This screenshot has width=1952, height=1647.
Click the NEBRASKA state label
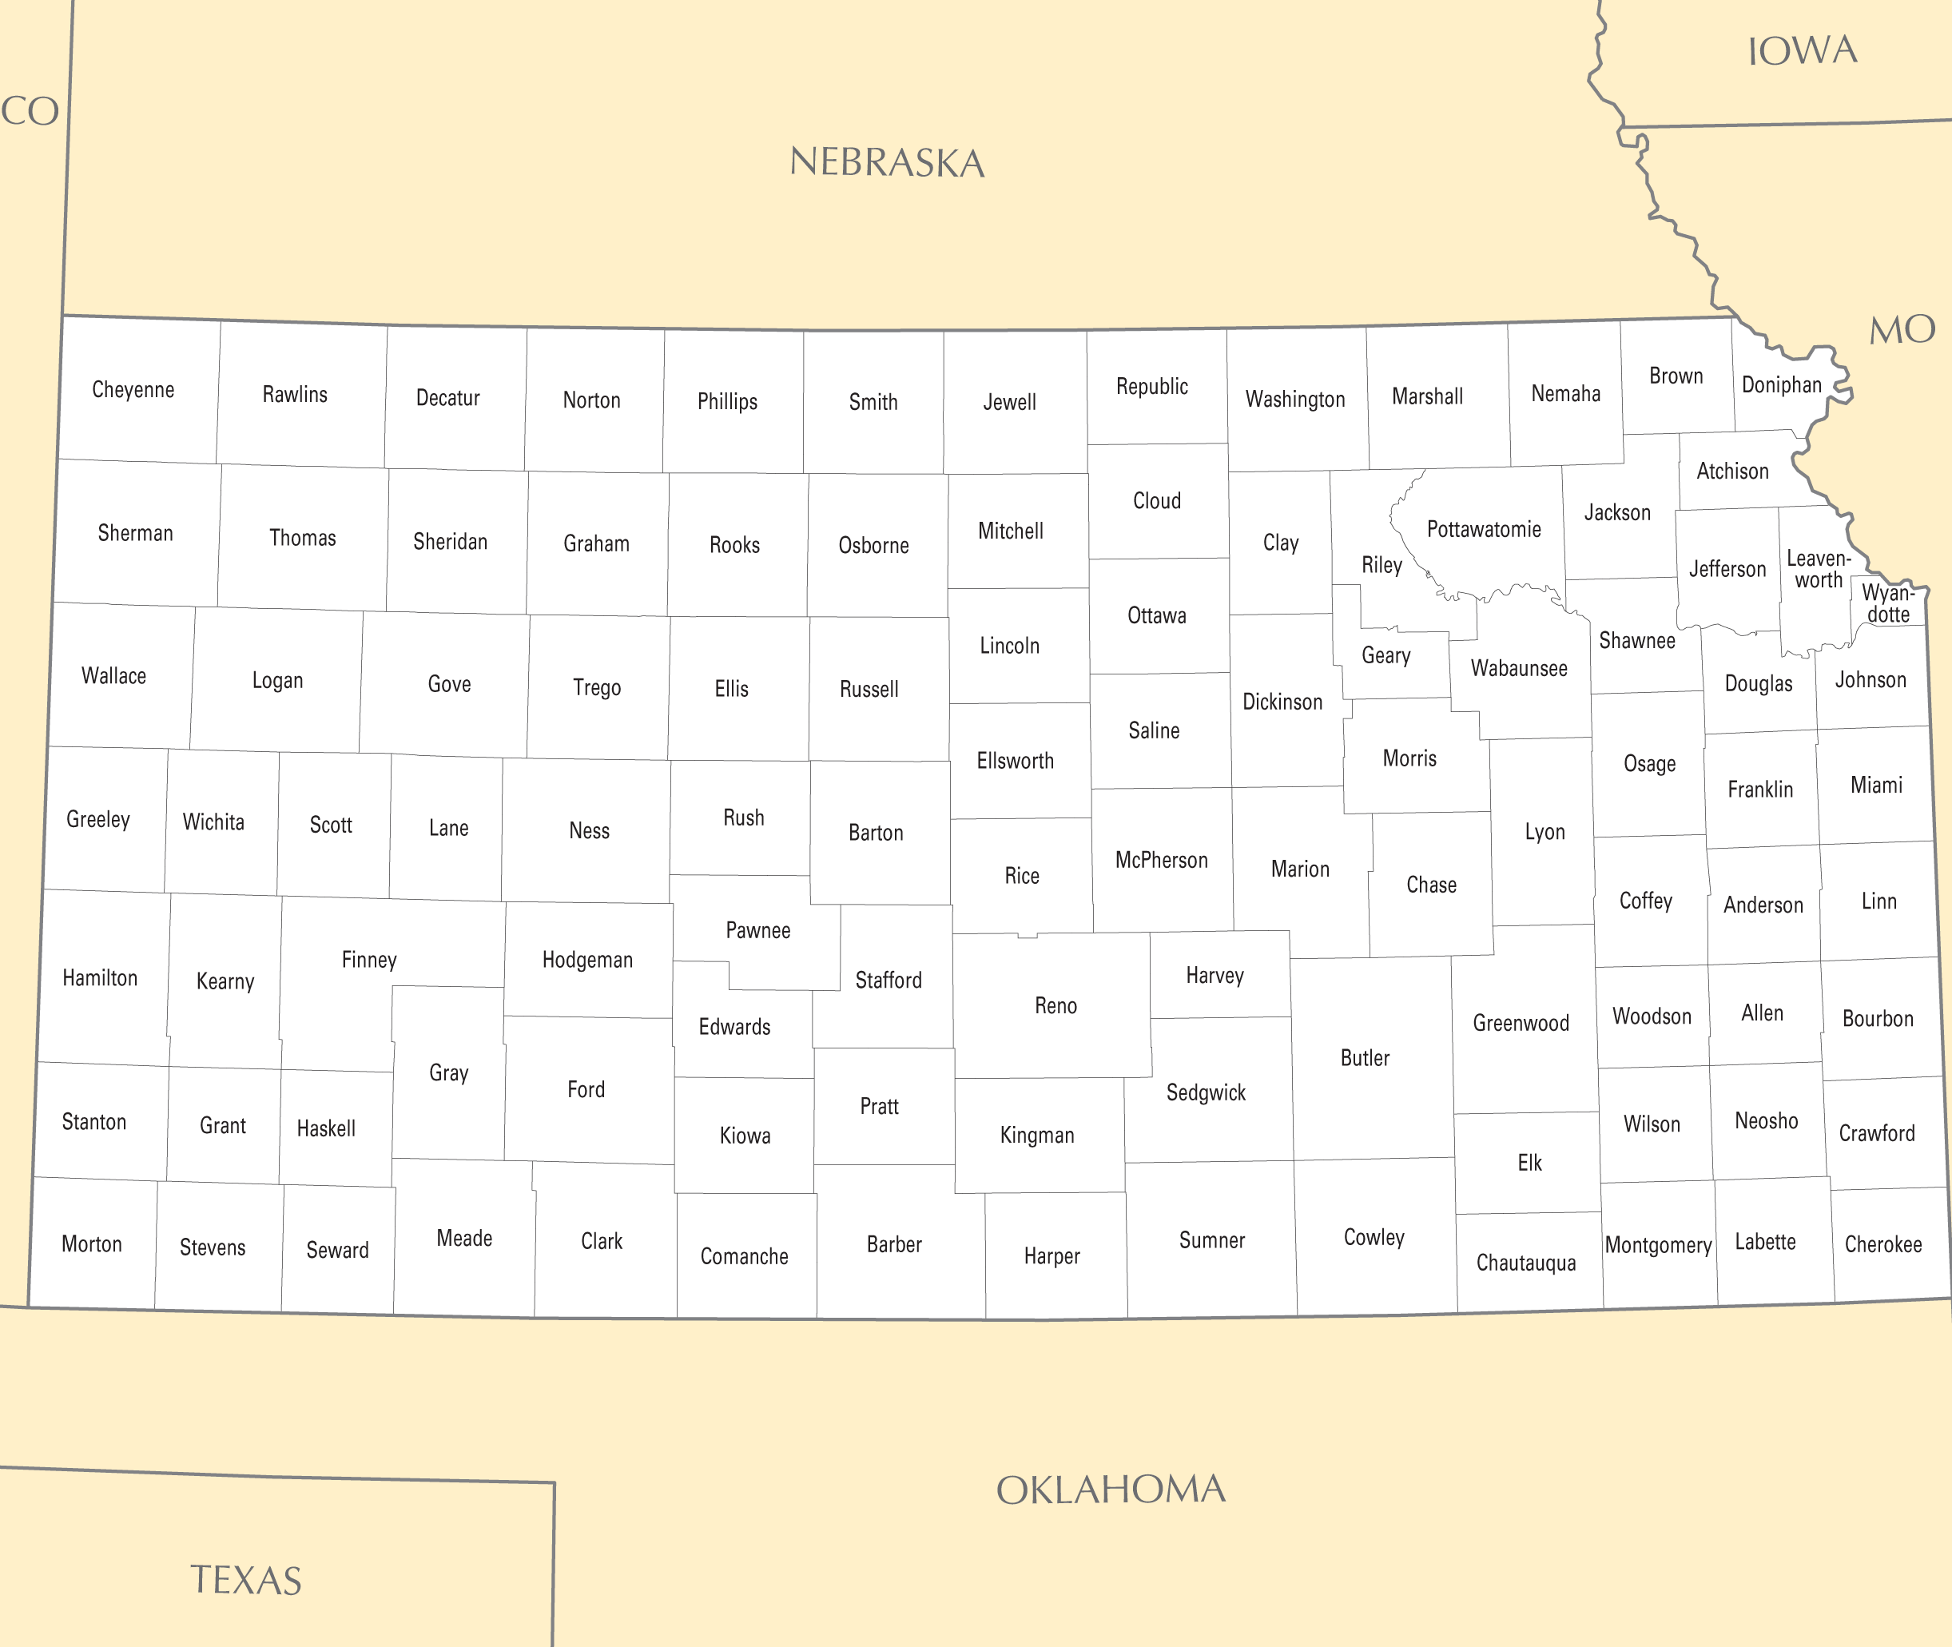[887, 163]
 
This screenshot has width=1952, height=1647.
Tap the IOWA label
[1802, 51]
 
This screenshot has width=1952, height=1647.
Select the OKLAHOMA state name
[1111, 1490]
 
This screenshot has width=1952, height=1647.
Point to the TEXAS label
[246, 1581]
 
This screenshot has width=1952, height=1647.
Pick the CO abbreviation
[30, 112]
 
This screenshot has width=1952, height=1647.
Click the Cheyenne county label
[133, 390]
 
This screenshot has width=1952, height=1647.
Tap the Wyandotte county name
[1887, 603]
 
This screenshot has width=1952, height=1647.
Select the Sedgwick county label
[1205, 1092]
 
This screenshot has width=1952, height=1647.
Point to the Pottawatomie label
[1483, 529]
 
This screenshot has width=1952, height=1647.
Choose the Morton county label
[91, 1243]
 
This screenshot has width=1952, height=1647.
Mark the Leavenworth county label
[1818, 570]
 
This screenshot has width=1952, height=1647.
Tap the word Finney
[368, 960]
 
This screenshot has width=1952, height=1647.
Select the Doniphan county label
[1781, 384]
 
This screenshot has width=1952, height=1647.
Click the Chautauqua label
[1525, 1263]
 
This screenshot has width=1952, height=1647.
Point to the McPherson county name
[1161, 860]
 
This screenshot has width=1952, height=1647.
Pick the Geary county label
[1385, 655]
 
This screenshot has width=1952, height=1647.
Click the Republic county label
[1152, 387]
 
